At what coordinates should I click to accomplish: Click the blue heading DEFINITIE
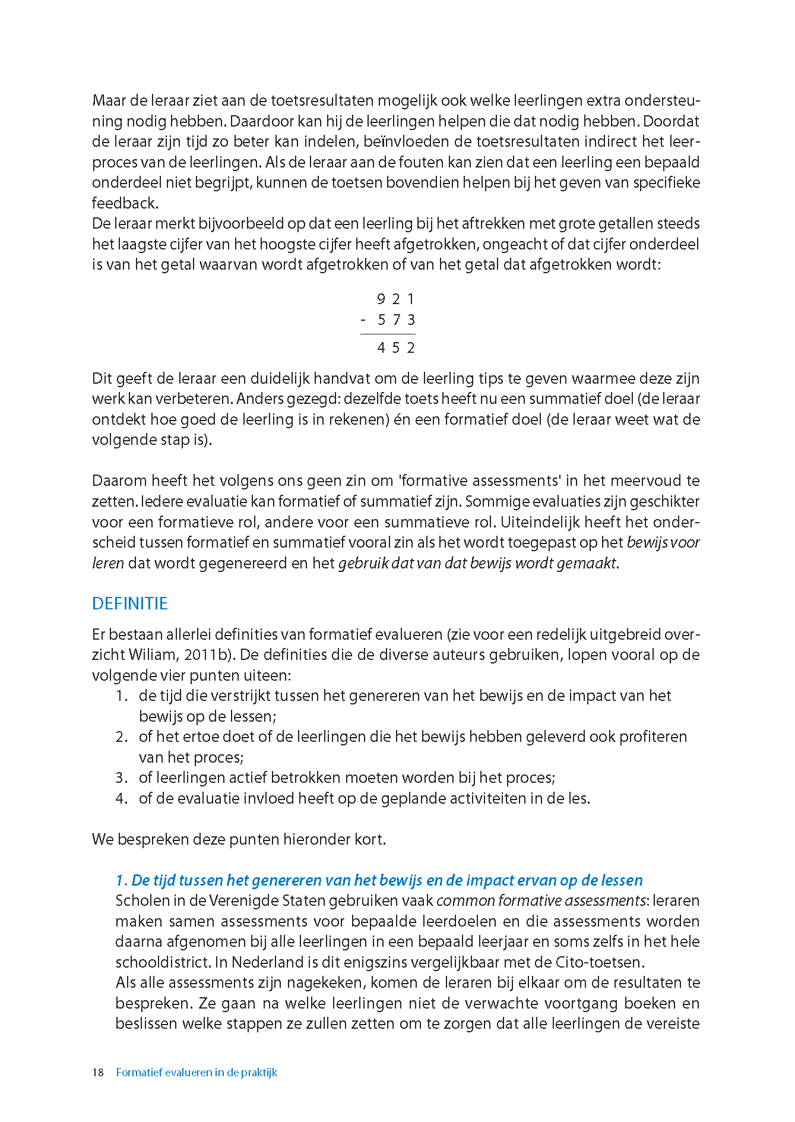130,603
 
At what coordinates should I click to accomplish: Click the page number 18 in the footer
98,1072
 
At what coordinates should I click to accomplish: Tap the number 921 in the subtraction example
395,299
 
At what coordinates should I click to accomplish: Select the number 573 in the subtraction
396,320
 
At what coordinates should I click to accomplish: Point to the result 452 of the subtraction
395,347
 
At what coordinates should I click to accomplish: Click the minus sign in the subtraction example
363,321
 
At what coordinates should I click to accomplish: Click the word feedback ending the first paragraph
124,203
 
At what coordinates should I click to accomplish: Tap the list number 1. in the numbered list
122,696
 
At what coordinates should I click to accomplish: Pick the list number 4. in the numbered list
122,798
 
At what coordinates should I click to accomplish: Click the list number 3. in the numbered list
122,778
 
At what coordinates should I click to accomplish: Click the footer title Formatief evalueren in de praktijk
197,1072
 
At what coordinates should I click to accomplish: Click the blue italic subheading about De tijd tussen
379,880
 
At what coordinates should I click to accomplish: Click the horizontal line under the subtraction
388,334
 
